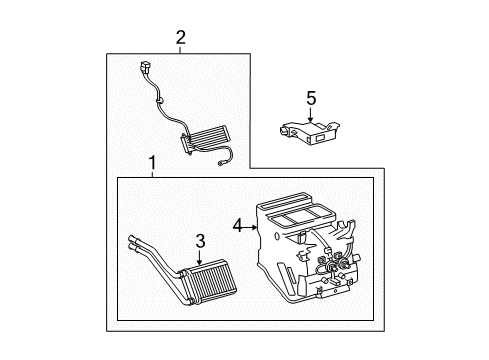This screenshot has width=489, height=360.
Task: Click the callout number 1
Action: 152,162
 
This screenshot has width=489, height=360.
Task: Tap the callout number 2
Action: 180,38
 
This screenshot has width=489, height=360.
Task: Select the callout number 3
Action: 200,240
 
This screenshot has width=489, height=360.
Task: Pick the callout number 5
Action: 310,98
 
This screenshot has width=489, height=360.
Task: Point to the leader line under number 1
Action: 152,174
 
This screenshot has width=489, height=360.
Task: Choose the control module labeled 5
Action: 310,128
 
